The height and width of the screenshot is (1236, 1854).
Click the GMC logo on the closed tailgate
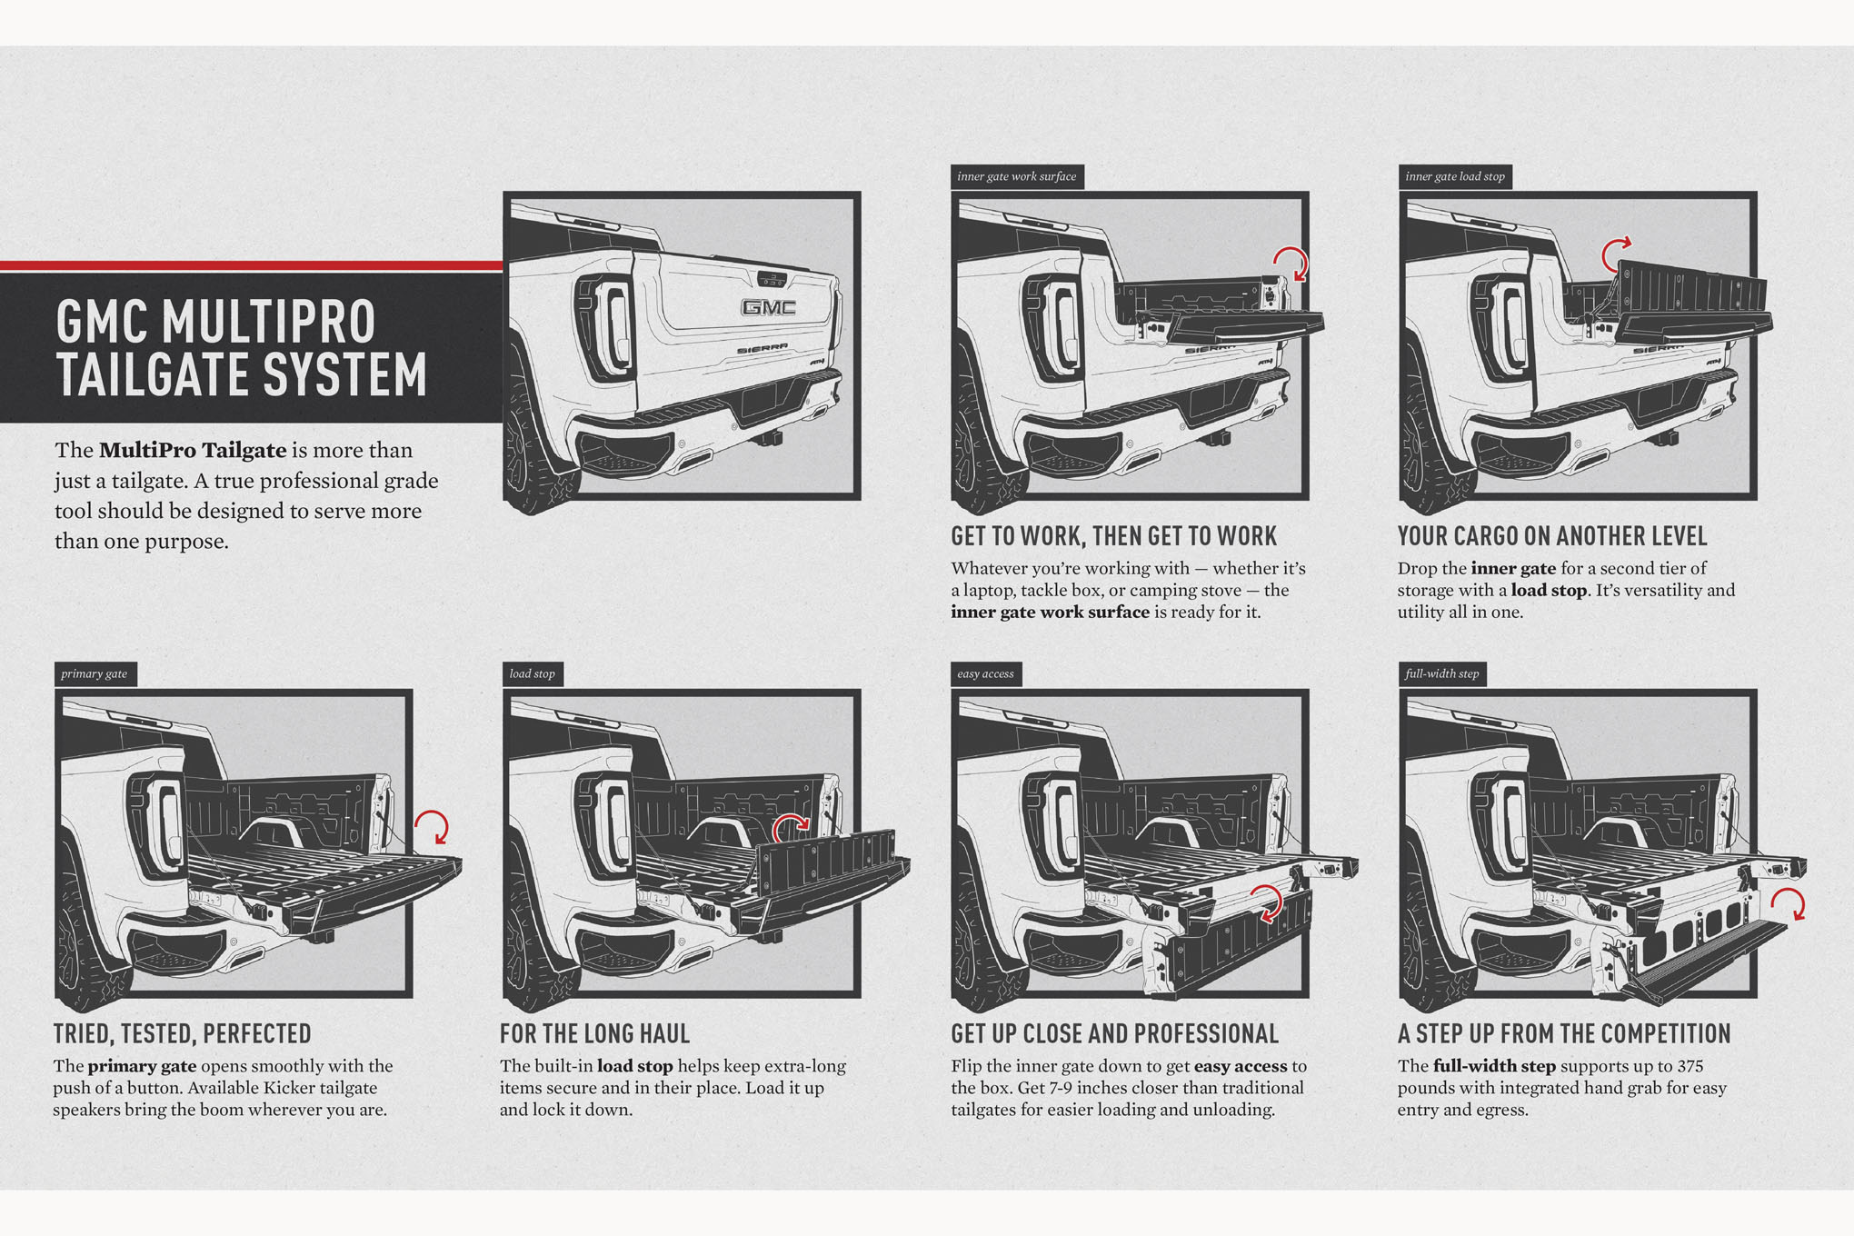(769, 308)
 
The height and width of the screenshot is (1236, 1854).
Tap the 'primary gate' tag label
(95, 673)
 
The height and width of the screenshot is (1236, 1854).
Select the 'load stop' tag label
(533, 673)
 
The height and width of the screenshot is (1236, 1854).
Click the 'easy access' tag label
(985, 673)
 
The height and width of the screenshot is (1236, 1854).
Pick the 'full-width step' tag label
(1441, 673)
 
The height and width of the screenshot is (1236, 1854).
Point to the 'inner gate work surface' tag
(1016, 176)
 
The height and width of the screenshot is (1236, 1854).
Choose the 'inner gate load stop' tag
(1454, 176)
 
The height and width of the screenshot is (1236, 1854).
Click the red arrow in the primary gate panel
(433, 826)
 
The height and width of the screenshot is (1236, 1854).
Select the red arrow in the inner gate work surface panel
(1291, 263)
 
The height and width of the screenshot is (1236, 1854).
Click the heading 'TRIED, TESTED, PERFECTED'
(182, 1034)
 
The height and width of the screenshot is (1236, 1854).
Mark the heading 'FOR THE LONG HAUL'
(594, 1034)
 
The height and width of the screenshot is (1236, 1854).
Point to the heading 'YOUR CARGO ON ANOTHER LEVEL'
(1552, 536)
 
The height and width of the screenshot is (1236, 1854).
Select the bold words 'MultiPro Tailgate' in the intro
(193, 450)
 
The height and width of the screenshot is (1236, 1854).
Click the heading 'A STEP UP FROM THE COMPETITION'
(1563, 1034)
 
